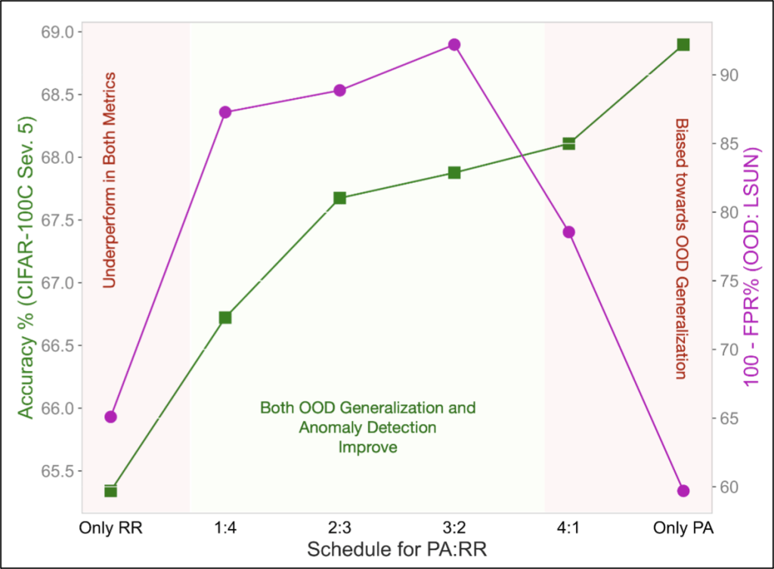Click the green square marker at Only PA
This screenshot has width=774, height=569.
[683, 45]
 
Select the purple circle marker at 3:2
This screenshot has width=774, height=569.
[454, 45]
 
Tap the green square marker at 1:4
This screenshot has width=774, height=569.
[225, 317]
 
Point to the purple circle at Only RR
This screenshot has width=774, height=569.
[110, 416]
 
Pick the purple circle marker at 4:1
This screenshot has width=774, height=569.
[569, 232]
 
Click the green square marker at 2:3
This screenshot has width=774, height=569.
[339, 198]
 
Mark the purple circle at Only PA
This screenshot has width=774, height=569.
[683, 491]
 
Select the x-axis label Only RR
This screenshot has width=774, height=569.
[110, 527]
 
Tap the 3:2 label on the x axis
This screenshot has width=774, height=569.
[454, 527]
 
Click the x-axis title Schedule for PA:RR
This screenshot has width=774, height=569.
[397, 549]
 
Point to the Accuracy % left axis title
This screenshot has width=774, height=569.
[26, 268]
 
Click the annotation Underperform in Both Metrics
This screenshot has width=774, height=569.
[109, 180]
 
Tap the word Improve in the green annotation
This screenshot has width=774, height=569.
[368, 447]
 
